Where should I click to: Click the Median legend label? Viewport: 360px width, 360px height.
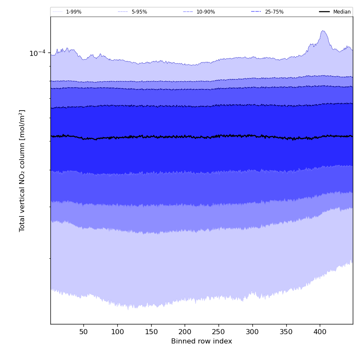tap(342, 12)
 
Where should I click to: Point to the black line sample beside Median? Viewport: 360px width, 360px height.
tap(324, 12)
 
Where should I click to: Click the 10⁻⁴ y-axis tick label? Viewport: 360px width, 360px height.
tap(37, 53)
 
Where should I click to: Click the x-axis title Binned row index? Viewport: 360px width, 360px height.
tap(202, 341)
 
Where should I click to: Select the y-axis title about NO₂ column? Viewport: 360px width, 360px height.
tap(22, 170)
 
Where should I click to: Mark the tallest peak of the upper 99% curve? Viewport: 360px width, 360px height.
tap(323, 31)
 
